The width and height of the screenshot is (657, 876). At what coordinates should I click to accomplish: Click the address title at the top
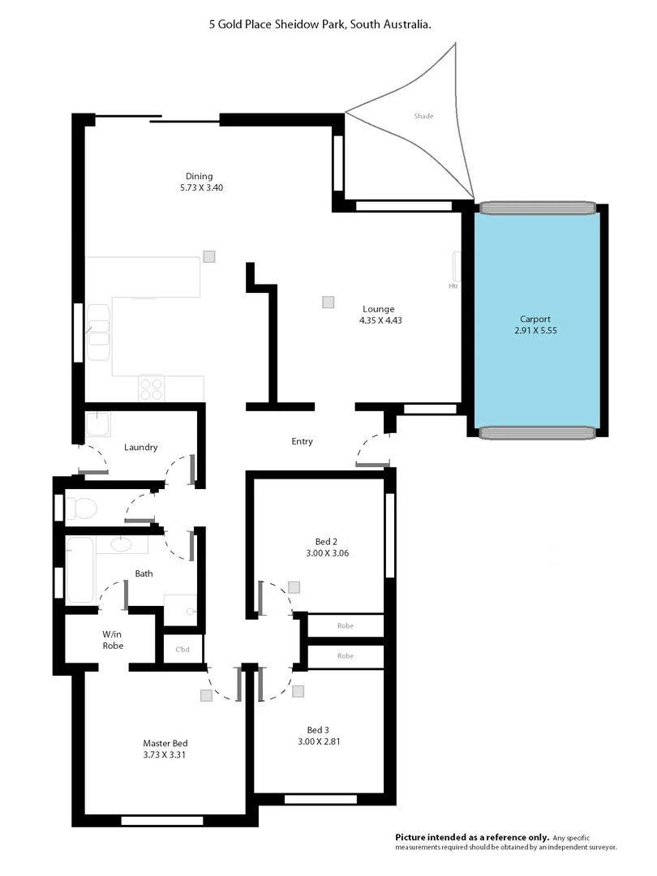point(320,25)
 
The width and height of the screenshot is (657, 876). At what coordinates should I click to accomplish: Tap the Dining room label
point(199,176)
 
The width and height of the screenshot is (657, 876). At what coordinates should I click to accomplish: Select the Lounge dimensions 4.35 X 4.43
point(380,320)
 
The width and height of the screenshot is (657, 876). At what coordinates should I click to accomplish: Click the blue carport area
point(536,316)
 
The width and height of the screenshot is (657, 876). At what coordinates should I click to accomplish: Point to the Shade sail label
point(423,116)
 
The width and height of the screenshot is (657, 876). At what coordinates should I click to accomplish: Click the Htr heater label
point(453,286)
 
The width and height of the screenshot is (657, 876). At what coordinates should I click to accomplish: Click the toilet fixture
point(81,509)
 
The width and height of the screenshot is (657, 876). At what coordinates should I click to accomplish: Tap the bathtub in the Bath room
point(80,569)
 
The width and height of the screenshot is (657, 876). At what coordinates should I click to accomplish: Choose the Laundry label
point(140,447)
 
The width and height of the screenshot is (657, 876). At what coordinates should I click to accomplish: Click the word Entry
point(302,441)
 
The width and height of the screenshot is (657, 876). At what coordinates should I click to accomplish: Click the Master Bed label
point(165,743)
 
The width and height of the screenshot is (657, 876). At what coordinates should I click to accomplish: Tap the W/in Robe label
point(112,640)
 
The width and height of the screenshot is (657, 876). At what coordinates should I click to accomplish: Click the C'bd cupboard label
point(182,650)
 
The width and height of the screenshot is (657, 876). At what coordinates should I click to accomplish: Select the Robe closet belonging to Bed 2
point(346,625)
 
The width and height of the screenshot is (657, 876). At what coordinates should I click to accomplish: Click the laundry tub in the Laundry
point(98,426)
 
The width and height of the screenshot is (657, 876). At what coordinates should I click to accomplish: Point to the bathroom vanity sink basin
point(122,543)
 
